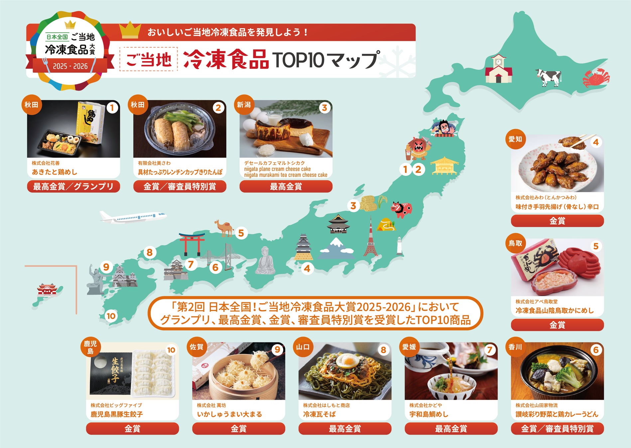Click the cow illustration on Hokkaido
(x=549, y=77)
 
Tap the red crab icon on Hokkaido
(x=596, y=77)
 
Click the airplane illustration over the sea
(x=133, y=217)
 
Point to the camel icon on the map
(x=224, y=228)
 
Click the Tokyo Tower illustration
(x=371, y=237)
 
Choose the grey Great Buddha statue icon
(x=265, y=261)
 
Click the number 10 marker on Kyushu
(x=111, y=316)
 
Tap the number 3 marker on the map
(x=353, y=206)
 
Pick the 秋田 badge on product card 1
(x=32, y=105)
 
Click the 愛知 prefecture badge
(x=515, y=139)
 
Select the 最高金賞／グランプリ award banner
(x=73, y=187)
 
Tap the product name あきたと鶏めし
(x=55, y=172)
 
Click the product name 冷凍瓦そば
(x=319, y=414)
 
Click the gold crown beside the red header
(x=130, y=30)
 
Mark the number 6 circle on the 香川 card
(x=595, y=350)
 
